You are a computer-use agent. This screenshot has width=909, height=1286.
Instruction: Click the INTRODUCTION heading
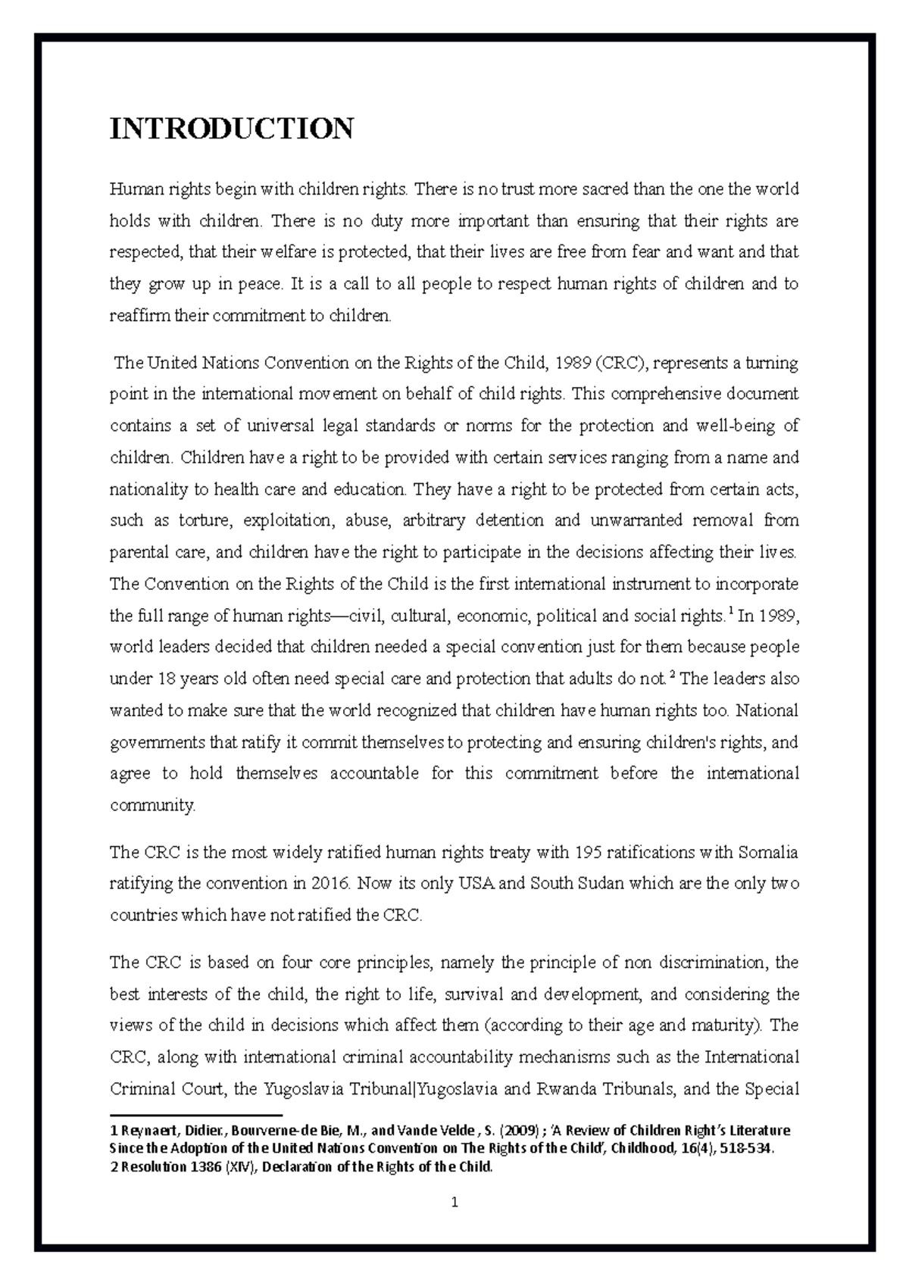[x=232, y=129]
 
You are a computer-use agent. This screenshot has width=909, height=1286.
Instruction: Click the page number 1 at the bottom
[x=454, y=1202]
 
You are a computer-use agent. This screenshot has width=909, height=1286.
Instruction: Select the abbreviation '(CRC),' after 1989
[x=621, y=363]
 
